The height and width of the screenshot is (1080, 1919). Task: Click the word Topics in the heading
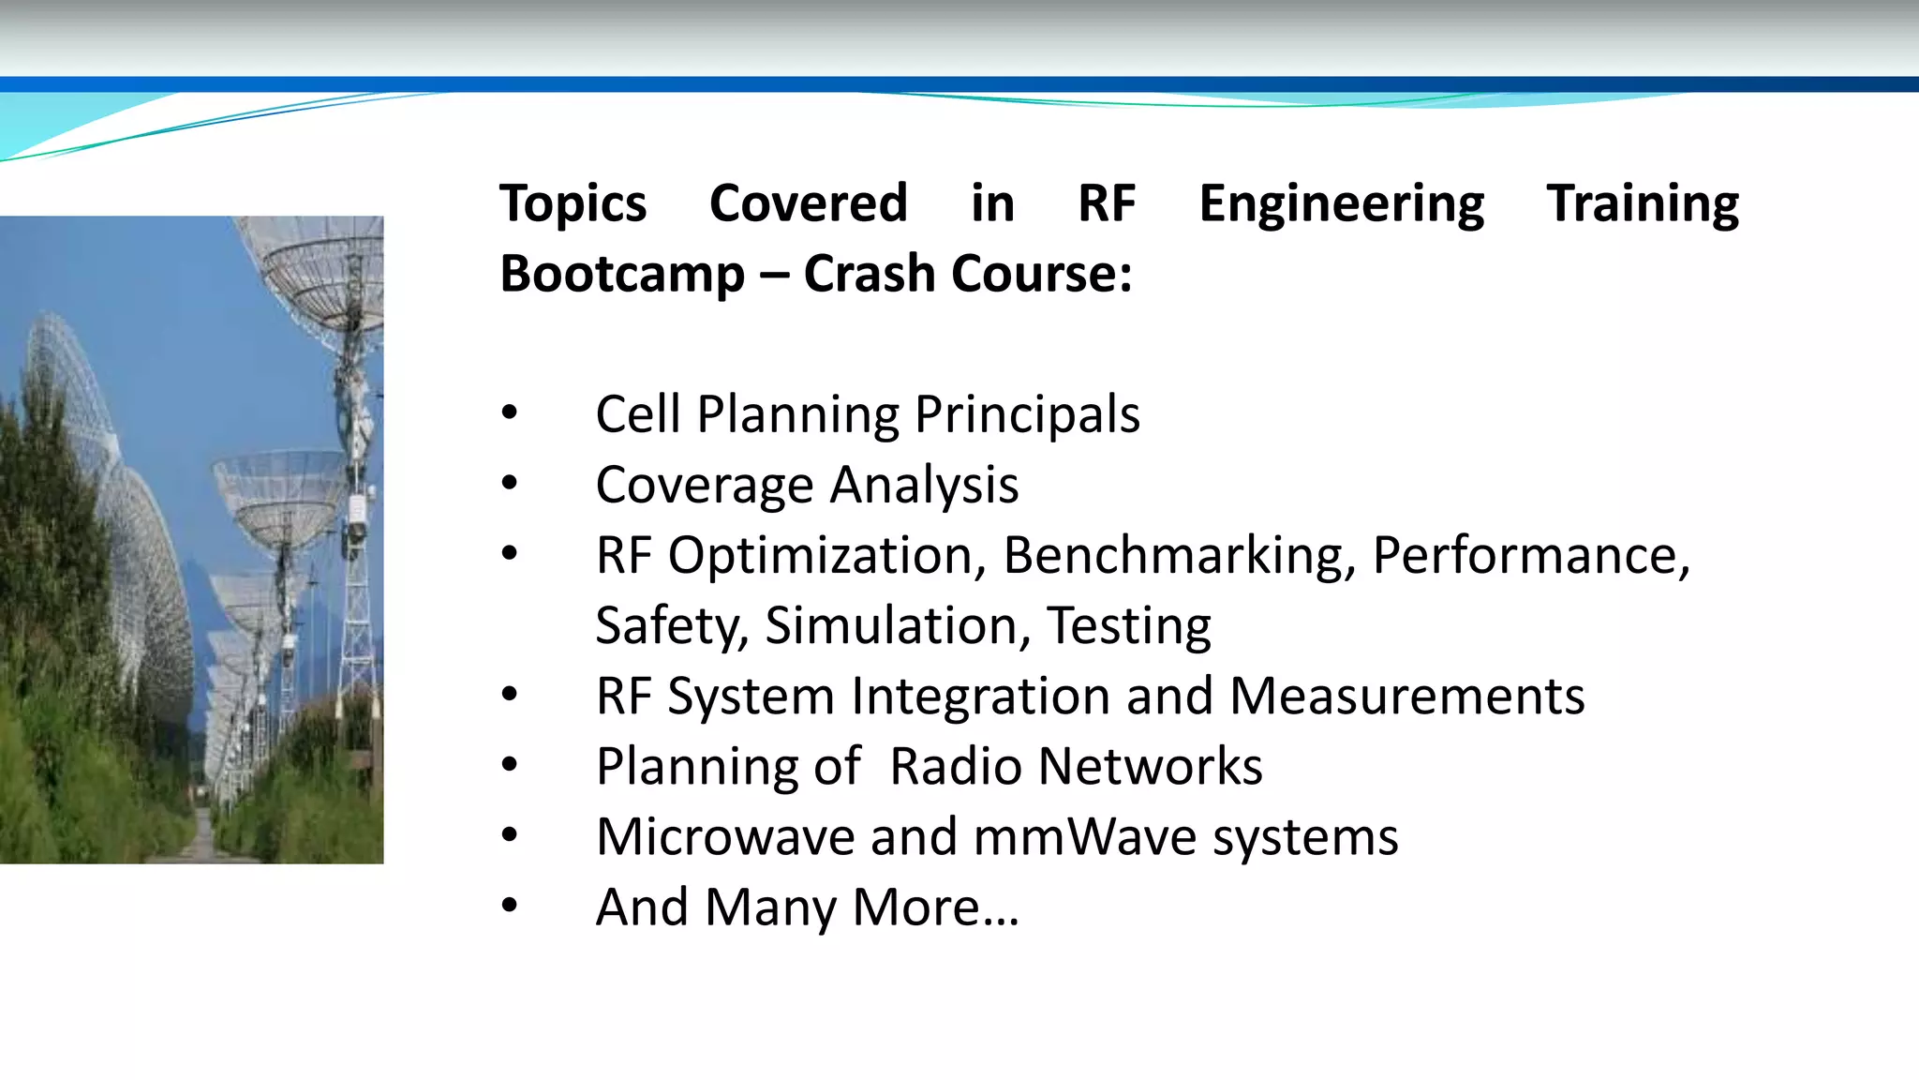pos(573,203)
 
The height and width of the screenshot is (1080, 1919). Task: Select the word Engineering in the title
pos(1341,203)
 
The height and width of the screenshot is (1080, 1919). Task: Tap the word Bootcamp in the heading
pos(622,274)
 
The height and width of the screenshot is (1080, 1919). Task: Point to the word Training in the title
pos(1643,203)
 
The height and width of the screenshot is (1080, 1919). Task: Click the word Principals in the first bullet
pos(1027,414)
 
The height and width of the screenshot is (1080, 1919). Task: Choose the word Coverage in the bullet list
pos(705,485)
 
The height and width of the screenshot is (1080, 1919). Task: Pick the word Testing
pos(1128,625)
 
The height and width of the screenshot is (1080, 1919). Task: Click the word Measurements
pos(1406,696)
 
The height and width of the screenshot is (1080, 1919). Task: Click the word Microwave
pos(724,836)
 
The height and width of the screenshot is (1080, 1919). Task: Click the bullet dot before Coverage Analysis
pos(509,484)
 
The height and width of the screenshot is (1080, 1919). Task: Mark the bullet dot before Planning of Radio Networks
pos(509,765)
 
